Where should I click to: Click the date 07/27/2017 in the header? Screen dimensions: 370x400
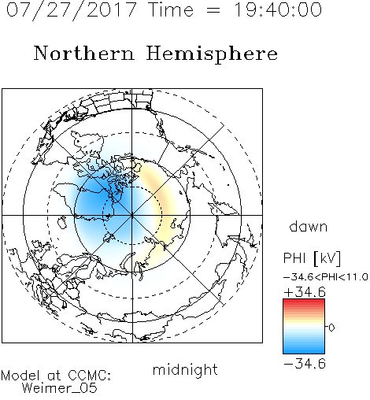72,10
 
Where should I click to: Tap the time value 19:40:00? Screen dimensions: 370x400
278,9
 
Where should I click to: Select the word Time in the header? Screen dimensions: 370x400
171,9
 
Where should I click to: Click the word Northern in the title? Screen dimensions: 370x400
84,53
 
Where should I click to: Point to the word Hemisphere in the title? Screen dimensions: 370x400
212,54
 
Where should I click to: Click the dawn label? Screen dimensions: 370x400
309,226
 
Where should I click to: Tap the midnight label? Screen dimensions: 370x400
185,369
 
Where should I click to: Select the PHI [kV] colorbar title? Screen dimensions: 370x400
313,258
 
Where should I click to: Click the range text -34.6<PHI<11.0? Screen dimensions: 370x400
325,276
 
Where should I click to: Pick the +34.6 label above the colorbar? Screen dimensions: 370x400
305,292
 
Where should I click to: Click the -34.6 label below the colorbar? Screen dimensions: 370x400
305,364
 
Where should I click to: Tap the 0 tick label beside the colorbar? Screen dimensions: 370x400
331,328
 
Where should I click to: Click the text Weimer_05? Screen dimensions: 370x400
60,388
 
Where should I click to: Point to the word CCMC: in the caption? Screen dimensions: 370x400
89,376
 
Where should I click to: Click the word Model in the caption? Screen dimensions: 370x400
20,376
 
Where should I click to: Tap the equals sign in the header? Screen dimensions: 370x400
213,10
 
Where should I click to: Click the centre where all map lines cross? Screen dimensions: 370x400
132,215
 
